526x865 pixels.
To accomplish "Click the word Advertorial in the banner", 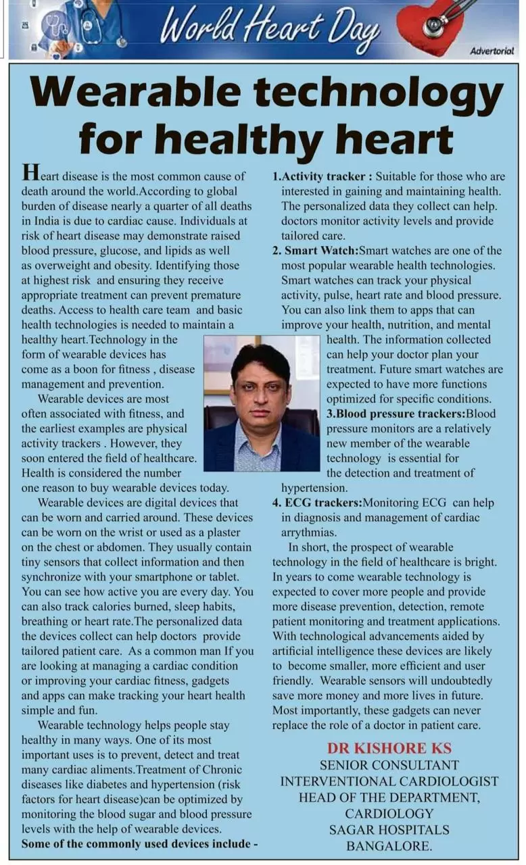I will pyautogui.click(x=492, y=51).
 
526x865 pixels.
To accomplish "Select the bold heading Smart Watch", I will pyautogui.click(x=315, y=251).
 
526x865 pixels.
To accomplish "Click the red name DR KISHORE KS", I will pyautogui.click(x=389, y=748).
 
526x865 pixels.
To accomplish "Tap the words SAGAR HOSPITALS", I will pyautogui.click(x=389, y=829).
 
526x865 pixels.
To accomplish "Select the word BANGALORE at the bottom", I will pyautogui.click(x=389, y=845).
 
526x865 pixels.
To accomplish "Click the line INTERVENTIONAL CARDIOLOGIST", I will pyautogui.click(x=389, y=781).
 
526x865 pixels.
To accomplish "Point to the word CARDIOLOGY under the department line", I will pyautogui.click(x=389, y=813).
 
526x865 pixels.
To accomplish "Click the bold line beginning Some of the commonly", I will pyautogui.click(x=140, y=844).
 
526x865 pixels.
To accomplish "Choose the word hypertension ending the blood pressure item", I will pyautogui.click(x=314, y=488).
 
